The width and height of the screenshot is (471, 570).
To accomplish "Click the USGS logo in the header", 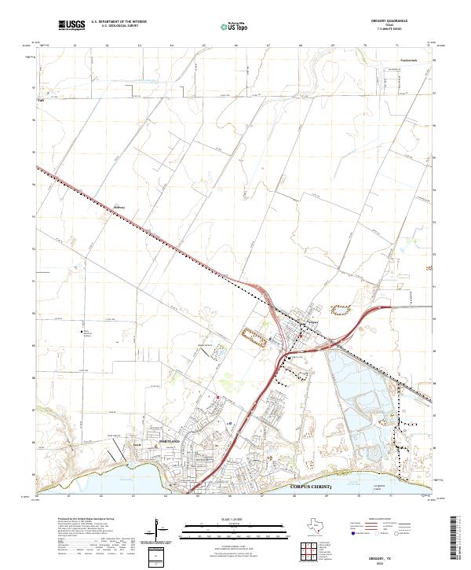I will click(72, 26).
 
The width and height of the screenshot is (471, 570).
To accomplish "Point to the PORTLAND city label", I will click(170, 443).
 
